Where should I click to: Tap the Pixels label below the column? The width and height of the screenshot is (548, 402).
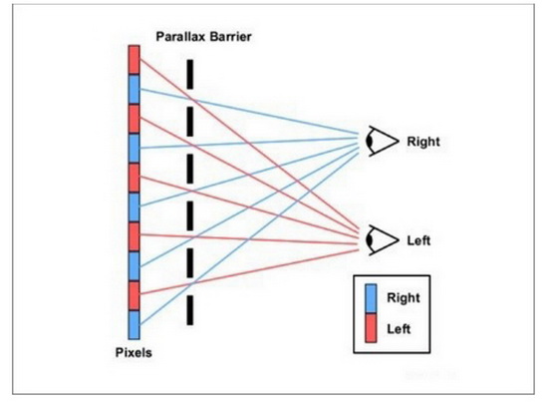pos(134,352)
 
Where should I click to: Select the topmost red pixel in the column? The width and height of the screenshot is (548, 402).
pos(134,60)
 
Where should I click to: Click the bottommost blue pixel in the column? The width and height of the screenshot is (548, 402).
pos(134,325)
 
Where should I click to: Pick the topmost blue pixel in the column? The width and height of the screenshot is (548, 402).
pos(134,90)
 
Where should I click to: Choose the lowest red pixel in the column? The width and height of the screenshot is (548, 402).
pos(134,295)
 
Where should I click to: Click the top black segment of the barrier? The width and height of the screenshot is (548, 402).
pos(189,74)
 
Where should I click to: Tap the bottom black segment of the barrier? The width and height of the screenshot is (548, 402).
pos(189,310)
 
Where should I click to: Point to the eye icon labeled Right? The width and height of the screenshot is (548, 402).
pos(382,141)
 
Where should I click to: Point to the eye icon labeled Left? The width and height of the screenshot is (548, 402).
pos(382,240)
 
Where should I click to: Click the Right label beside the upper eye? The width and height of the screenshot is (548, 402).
pos(423,142)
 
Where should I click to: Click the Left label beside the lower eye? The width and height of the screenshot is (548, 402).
pos(418,240)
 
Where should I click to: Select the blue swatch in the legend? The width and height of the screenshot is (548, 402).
pos(371,298)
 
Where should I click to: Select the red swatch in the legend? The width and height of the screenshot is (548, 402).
pos(371,328)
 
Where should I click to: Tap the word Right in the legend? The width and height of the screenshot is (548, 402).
pos(403,298)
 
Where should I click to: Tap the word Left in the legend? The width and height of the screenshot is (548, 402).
pos(399,329)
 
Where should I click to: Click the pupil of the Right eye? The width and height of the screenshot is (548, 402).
pos(369,141)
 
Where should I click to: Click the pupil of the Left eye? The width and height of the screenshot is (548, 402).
pos(369,240)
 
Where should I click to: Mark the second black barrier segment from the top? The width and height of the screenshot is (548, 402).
pos(189,122)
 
